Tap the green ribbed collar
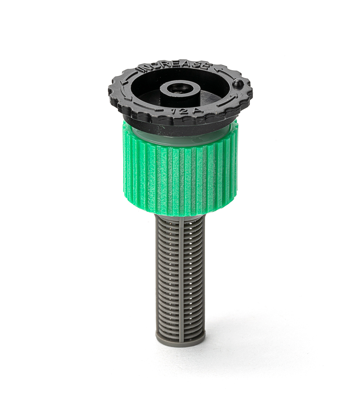(180, 176)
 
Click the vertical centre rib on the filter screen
(180, 278)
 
